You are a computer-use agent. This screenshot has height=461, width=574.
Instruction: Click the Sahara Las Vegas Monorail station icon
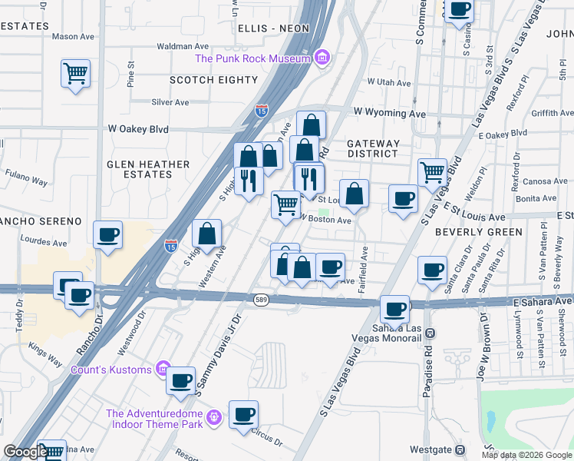click(430, 333)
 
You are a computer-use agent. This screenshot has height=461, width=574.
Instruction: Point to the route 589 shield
click(261, 297)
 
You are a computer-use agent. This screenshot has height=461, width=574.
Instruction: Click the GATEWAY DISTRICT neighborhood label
click(373, 148)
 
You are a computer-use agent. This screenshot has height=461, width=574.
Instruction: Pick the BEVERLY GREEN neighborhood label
click(478, 231)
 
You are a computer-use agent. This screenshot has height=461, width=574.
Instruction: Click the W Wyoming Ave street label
click(389, 113)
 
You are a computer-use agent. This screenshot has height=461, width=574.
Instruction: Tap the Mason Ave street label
click(74, 36)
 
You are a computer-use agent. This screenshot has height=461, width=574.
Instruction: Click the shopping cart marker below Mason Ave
click(75, 74)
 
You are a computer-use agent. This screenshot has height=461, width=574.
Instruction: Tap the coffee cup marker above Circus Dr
click(243, 415)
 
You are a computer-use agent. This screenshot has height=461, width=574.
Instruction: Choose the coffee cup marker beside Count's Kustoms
click(181, 380)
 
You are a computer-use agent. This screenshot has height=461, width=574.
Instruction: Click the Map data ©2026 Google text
click(526, 455)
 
